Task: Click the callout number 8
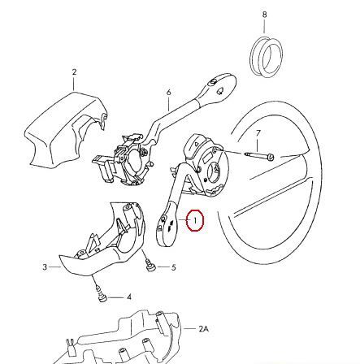(x=264, y=15)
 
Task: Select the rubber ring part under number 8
(x=266, y=57)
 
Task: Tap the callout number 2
(x=74, y=72)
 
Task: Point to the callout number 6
(x=169, y=93)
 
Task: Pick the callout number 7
(x=258, y=133)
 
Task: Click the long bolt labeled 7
(x=259, y=156)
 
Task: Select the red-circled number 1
(x=195, y=220)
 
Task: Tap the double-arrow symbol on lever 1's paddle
(x=170, y=226)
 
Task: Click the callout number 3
(x=45, y=267)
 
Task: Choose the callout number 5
(x=173, y=267)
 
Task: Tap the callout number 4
(x=129, y=297)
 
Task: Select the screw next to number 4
(x=102, y=296)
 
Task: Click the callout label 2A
(x=204, y=329)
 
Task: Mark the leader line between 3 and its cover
(x=55, y=267)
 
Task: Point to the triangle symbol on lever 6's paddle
(x=220, y=91)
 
